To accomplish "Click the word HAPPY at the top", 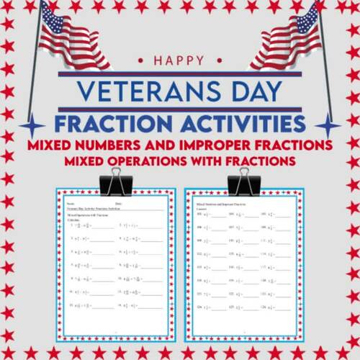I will [180, 61].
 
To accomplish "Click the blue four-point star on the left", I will [32, 127].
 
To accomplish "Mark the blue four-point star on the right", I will [328, 127].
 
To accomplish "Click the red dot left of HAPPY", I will [147, 61].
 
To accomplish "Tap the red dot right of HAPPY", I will [214, 61].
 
